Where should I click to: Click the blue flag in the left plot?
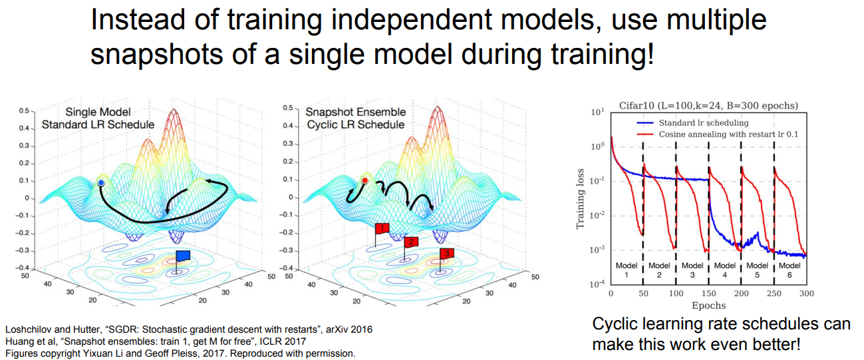183,255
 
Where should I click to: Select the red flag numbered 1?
381,228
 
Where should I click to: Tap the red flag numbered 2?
412,242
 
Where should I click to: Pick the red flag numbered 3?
447,253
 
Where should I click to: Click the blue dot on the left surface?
100,182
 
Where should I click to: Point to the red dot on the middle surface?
364,180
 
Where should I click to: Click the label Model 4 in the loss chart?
725,270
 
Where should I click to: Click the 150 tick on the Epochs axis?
708,293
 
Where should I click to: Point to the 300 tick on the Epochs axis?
806,293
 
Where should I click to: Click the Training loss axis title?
581,198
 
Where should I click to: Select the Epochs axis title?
708,305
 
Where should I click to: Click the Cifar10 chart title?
708,105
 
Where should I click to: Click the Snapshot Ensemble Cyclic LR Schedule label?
355,118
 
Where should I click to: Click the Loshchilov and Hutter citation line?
188,329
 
